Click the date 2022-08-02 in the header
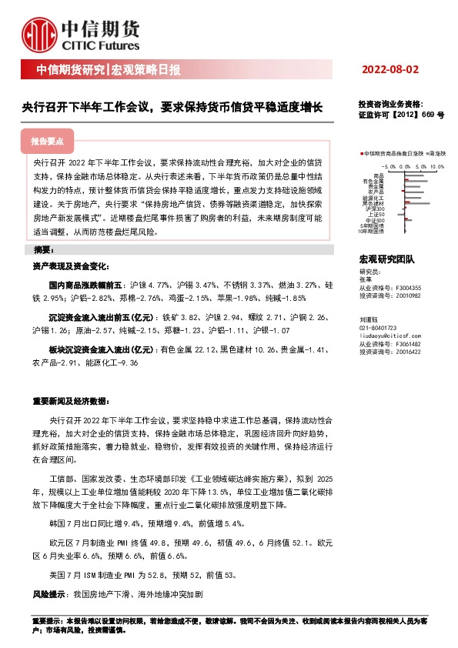(x=390, y=69)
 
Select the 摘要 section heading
(x=43, y=251)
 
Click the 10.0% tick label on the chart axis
(x=436, y=165)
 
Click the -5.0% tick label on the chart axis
(x=388, y=165)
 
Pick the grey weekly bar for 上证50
(x=401, y=213)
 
